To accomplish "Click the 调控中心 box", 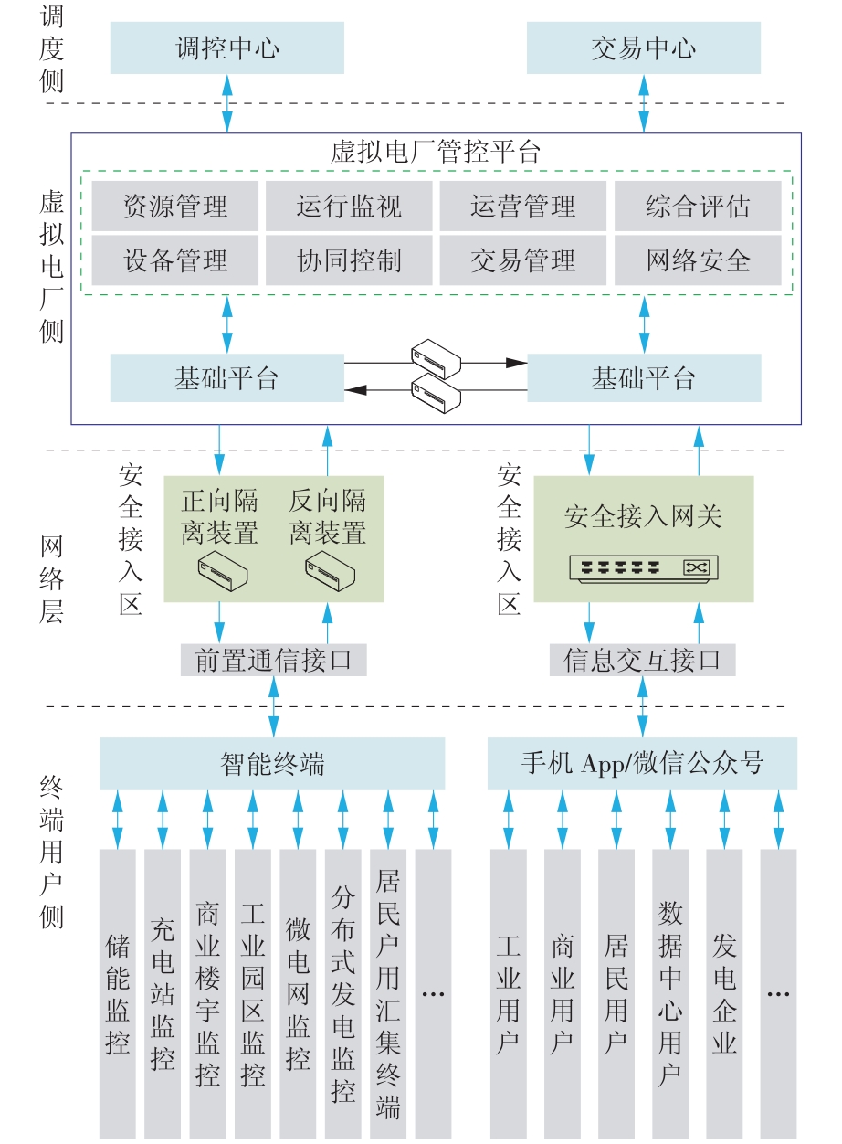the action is coord(227,48).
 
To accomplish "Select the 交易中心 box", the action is coord(644,48).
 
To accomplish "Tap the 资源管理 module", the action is coord(175,206).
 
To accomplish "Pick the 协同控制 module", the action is coord(349,260).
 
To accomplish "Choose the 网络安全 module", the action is coord(698,260).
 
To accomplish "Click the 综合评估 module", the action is coord(698,206).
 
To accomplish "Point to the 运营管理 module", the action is coord(523,206).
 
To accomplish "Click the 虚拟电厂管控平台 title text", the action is coord(436,152).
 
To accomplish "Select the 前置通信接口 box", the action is coord(274,660).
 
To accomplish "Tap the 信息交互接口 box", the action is coord(643,660).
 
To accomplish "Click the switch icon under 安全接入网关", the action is coord(644,568).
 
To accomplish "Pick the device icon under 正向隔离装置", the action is coord(223,572).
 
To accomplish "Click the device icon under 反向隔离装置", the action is coord(331,572).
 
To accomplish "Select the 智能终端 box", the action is coord(272,764).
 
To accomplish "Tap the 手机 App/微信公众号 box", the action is coord(643,764).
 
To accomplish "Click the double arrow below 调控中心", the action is coord(227,103).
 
